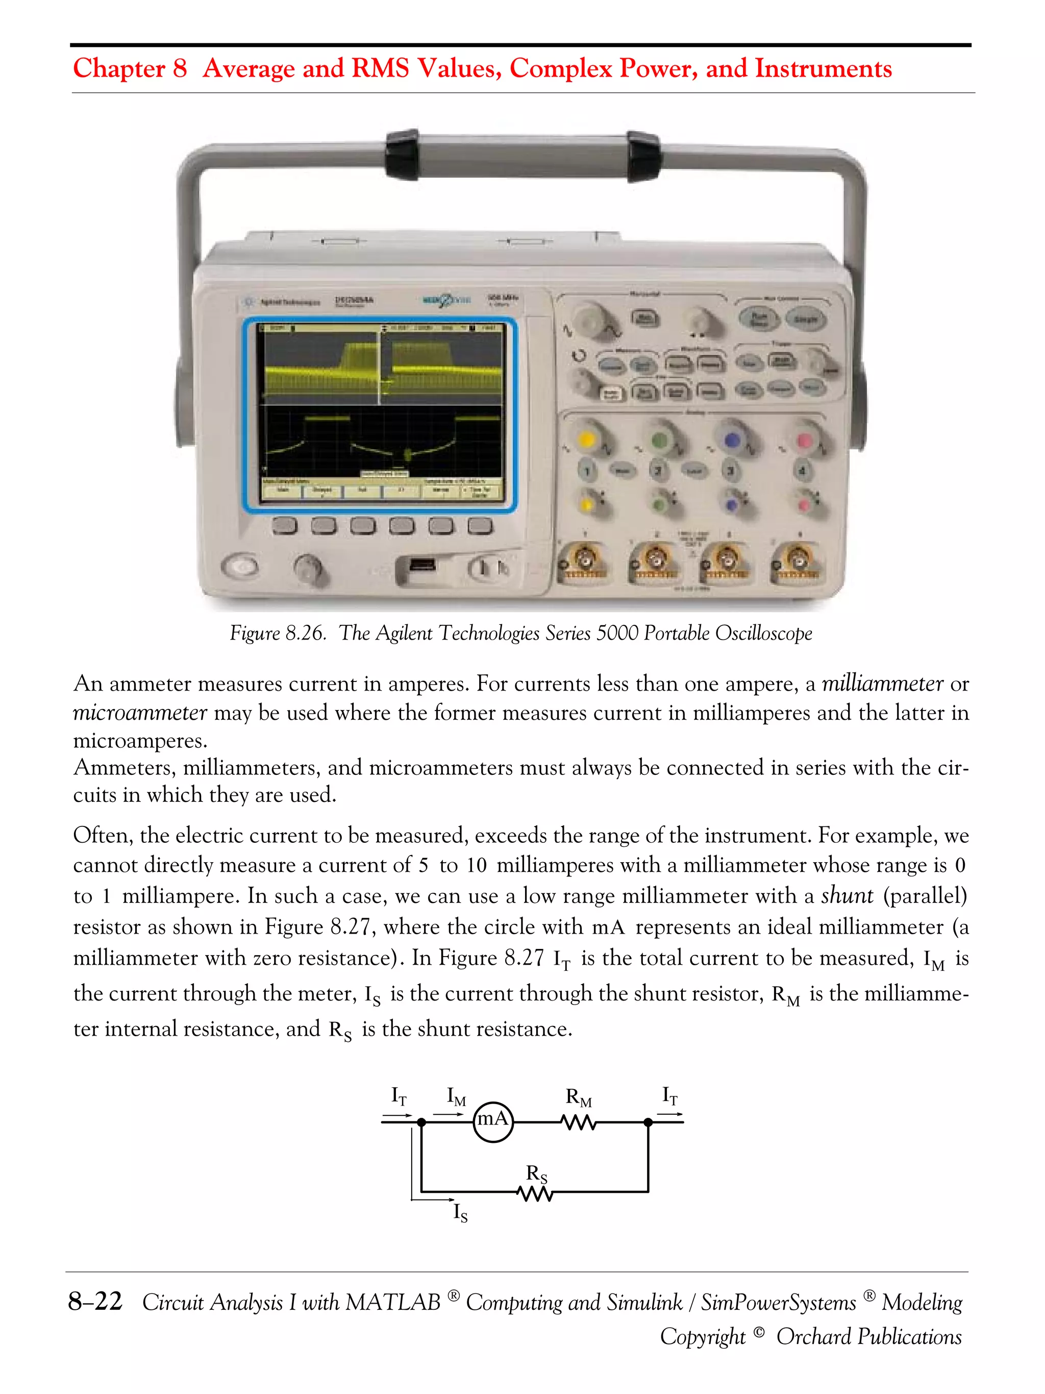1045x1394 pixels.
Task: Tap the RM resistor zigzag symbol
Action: click(x=578, y=1122)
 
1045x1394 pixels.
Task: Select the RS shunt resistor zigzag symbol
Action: click(x=535, y=1193)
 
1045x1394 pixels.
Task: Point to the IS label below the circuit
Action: click(x=460, y=1212)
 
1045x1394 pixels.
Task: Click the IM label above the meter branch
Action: click(x=456, y=1096)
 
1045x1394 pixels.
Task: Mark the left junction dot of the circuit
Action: click(x=421, y=1122)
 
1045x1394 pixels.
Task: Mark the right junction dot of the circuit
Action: click(x=648, y=1122)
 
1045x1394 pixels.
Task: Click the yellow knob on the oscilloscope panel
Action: click(x=587, y=439)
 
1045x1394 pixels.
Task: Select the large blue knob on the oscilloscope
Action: click(x=731, y=439)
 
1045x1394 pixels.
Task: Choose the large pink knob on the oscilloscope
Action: click(x=804, y=440)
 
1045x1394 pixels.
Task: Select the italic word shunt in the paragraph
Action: click(x=847, y=895)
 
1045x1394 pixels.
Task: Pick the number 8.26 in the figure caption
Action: click(x=306, y=633)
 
